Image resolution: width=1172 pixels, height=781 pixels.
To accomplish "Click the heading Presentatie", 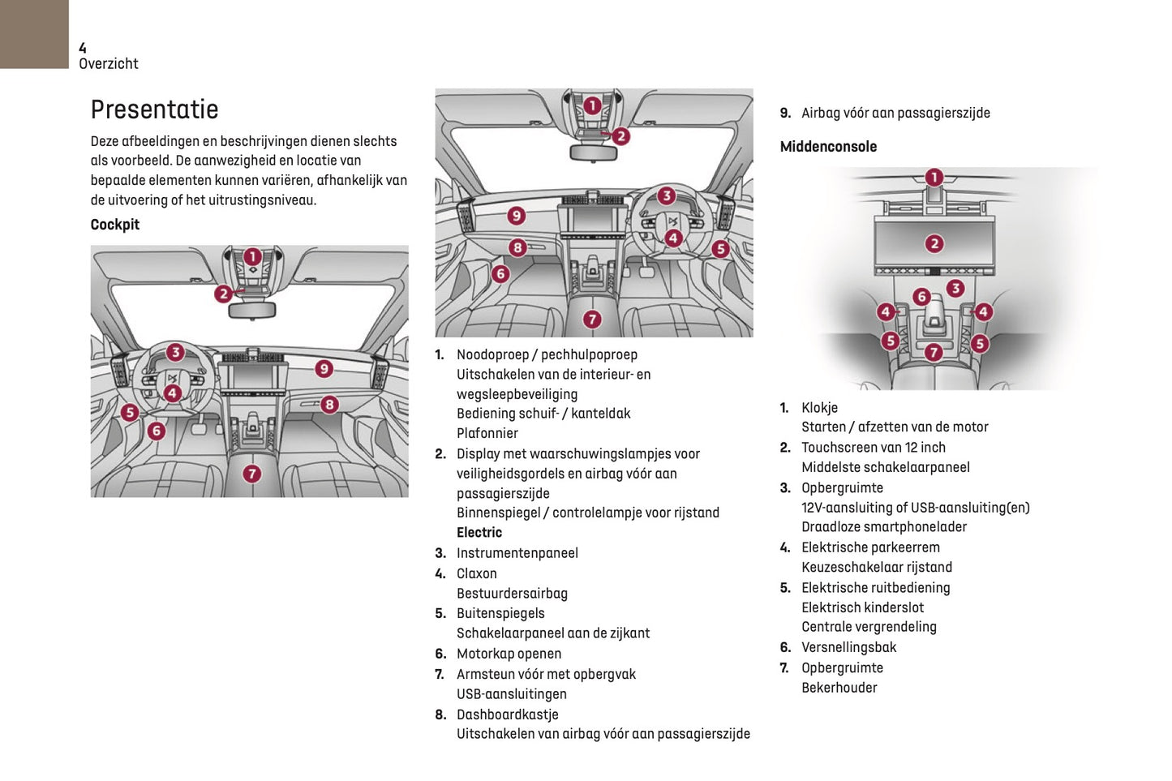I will coord(154,109).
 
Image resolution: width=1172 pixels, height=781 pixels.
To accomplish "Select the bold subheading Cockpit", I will coord(114,225).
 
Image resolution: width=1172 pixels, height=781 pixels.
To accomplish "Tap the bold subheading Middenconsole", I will coord(828,147).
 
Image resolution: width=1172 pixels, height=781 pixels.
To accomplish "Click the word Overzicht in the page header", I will coord(108,64).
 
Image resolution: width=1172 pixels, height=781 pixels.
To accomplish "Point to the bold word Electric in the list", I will coord(479,533).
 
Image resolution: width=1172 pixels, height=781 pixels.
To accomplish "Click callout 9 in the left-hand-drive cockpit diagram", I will coord(324,369).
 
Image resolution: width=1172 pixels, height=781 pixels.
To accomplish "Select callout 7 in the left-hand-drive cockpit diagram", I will coord(252,474).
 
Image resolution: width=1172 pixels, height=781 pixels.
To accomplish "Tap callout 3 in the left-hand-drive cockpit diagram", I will coord(175,353).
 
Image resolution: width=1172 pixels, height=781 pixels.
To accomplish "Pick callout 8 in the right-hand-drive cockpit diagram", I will coord(517,247).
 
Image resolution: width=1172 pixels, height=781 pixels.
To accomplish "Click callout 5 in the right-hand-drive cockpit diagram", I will coord(720,249).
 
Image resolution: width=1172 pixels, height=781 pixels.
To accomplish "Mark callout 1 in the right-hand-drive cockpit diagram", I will coord(592,105).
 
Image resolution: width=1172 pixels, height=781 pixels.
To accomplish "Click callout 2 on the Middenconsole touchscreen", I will coord(934,243).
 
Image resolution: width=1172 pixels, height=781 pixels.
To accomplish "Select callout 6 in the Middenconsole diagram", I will coord(921,297).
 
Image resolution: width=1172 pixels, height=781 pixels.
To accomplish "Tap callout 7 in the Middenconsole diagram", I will coord(934,352).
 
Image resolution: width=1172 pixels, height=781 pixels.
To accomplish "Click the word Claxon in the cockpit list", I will coord(476,573).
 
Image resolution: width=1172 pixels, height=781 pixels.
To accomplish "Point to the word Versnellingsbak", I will coord(848,647).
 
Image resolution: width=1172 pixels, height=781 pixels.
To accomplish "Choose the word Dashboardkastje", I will coord(507,714).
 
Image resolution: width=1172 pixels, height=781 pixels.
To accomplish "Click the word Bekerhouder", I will coord(839,688).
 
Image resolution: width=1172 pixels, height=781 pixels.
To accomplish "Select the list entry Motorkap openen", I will coord(509,654).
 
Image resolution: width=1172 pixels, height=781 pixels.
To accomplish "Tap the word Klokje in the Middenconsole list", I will coord(819,408).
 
